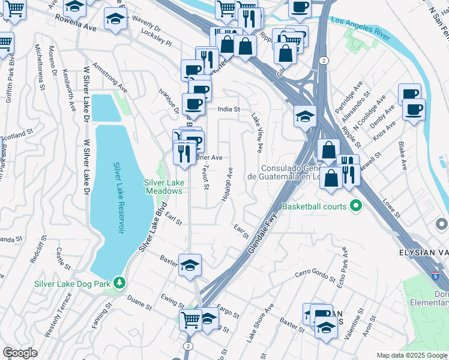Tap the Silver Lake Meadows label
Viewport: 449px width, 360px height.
click(x=163, y=187)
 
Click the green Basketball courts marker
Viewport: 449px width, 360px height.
click(x=355, y=206)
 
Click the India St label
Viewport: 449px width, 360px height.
click(x=228, y=109)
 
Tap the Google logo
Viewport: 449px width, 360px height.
click(x=20, y=352)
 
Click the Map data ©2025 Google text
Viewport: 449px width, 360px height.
click(x=411, y=355)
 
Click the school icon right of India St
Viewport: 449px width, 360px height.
click(x=305, y=115)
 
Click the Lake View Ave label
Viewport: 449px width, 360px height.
click(x=257, y=133)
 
